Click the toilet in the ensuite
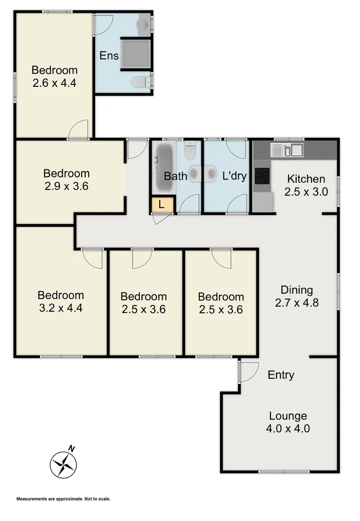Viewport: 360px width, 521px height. (142, 82)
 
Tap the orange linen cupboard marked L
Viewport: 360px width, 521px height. (162, 205)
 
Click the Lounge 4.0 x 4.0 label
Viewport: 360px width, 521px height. (288, 422)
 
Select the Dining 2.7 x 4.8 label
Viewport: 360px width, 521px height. (297, 297)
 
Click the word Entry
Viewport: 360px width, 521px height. (281, 375)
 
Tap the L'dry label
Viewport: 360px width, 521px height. (235, 176)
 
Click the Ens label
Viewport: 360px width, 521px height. (109, 55)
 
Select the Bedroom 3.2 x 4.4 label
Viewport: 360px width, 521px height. (60, 302)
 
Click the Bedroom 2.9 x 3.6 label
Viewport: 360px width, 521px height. (66, 179)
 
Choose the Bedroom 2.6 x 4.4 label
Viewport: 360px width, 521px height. (55, 76)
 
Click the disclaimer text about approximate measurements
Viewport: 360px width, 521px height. (64, 499)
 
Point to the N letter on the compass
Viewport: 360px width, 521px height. (71, 448)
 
